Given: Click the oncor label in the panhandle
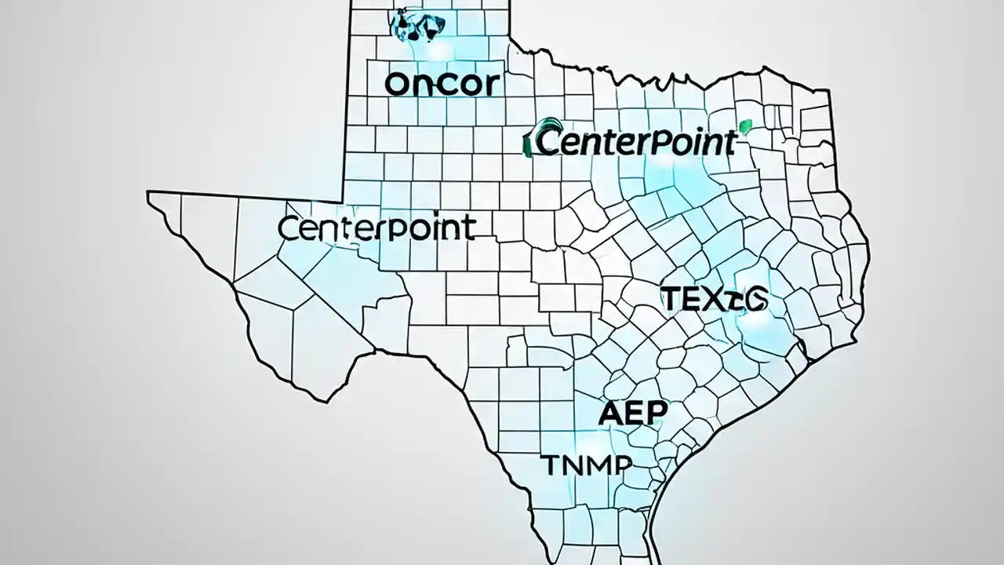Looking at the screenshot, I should [x=443, y=85].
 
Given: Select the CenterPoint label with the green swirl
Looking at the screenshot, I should [x=631, y=143].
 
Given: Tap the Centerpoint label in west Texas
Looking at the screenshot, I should [x=376, y=228].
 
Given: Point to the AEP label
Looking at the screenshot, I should [x=632, y=414].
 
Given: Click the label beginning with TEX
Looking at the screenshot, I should [x=715, y=299].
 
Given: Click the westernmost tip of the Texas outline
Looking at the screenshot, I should [x=149, y=194].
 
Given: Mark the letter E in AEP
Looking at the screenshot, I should [x=634, y=414].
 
